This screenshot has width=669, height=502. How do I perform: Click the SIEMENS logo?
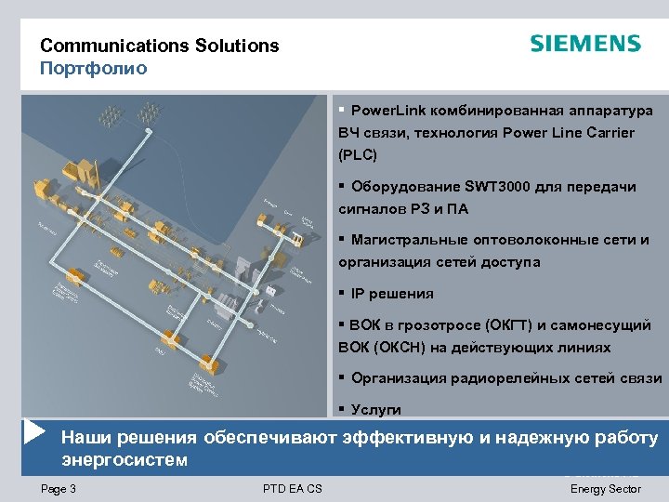point(584,44)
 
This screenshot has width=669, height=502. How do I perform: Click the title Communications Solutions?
point(159,46)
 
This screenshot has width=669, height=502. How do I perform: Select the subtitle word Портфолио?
point(93,68)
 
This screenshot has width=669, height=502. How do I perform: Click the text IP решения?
point(392,294)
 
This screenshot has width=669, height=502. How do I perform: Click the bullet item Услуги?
point(376,409)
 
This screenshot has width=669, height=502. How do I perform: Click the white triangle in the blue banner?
point(35,432)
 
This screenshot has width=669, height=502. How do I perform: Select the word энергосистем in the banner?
point(124,460)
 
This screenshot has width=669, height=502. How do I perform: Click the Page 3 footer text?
point(59,489)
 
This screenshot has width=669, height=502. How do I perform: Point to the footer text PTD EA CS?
point(293,489)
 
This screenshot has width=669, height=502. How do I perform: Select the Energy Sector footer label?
point(605,489)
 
